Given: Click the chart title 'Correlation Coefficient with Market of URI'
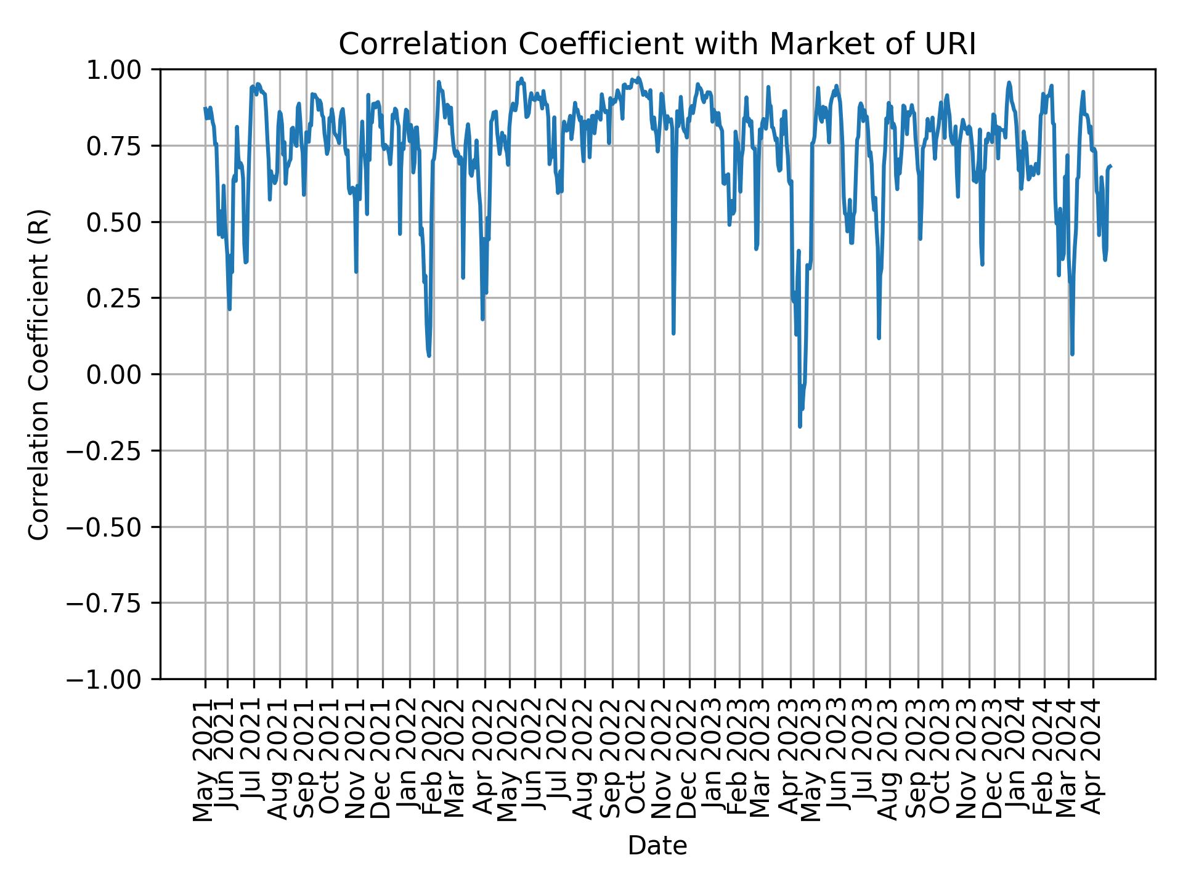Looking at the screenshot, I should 657,44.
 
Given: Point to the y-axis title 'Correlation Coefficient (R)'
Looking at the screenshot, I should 39,374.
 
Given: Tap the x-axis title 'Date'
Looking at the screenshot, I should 657,846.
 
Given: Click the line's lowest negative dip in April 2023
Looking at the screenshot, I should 800,426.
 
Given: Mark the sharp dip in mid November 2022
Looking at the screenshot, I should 673,333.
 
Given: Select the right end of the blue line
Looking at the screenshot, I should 1110,166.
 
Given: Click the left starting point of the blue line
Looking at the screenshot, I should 205,108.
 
